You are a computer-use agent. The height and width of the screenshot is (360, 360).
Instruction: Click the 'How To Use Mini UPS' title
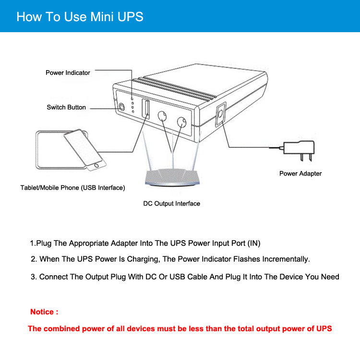tap(80, 17)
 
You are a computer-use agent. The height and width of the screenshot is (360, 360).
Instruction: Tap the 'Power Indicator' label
tap(68, 73)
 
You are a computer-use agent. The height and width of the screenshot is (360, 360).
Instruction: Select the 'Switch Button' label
tap(66, 107)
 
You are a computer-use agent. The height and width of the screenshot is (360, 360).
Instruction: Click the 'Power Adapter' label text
tap(300, 173)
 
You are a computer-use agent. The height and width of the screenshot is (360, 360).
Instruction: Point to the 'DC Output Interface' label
tap(171, 204)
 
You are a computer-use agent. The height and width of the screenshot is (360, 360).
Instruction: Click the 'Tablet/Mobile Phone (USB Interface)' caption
tap(72, 188)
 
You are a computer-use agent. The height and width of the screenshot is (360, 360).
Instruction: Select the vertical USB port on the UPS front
tap(145, 108)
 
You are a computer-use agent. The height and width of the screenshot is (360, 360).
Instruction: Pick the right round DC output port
tap(181, 122)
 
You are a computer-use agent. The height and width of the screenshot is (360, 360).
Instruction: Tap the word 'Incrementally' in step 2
tap(285, 259)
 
